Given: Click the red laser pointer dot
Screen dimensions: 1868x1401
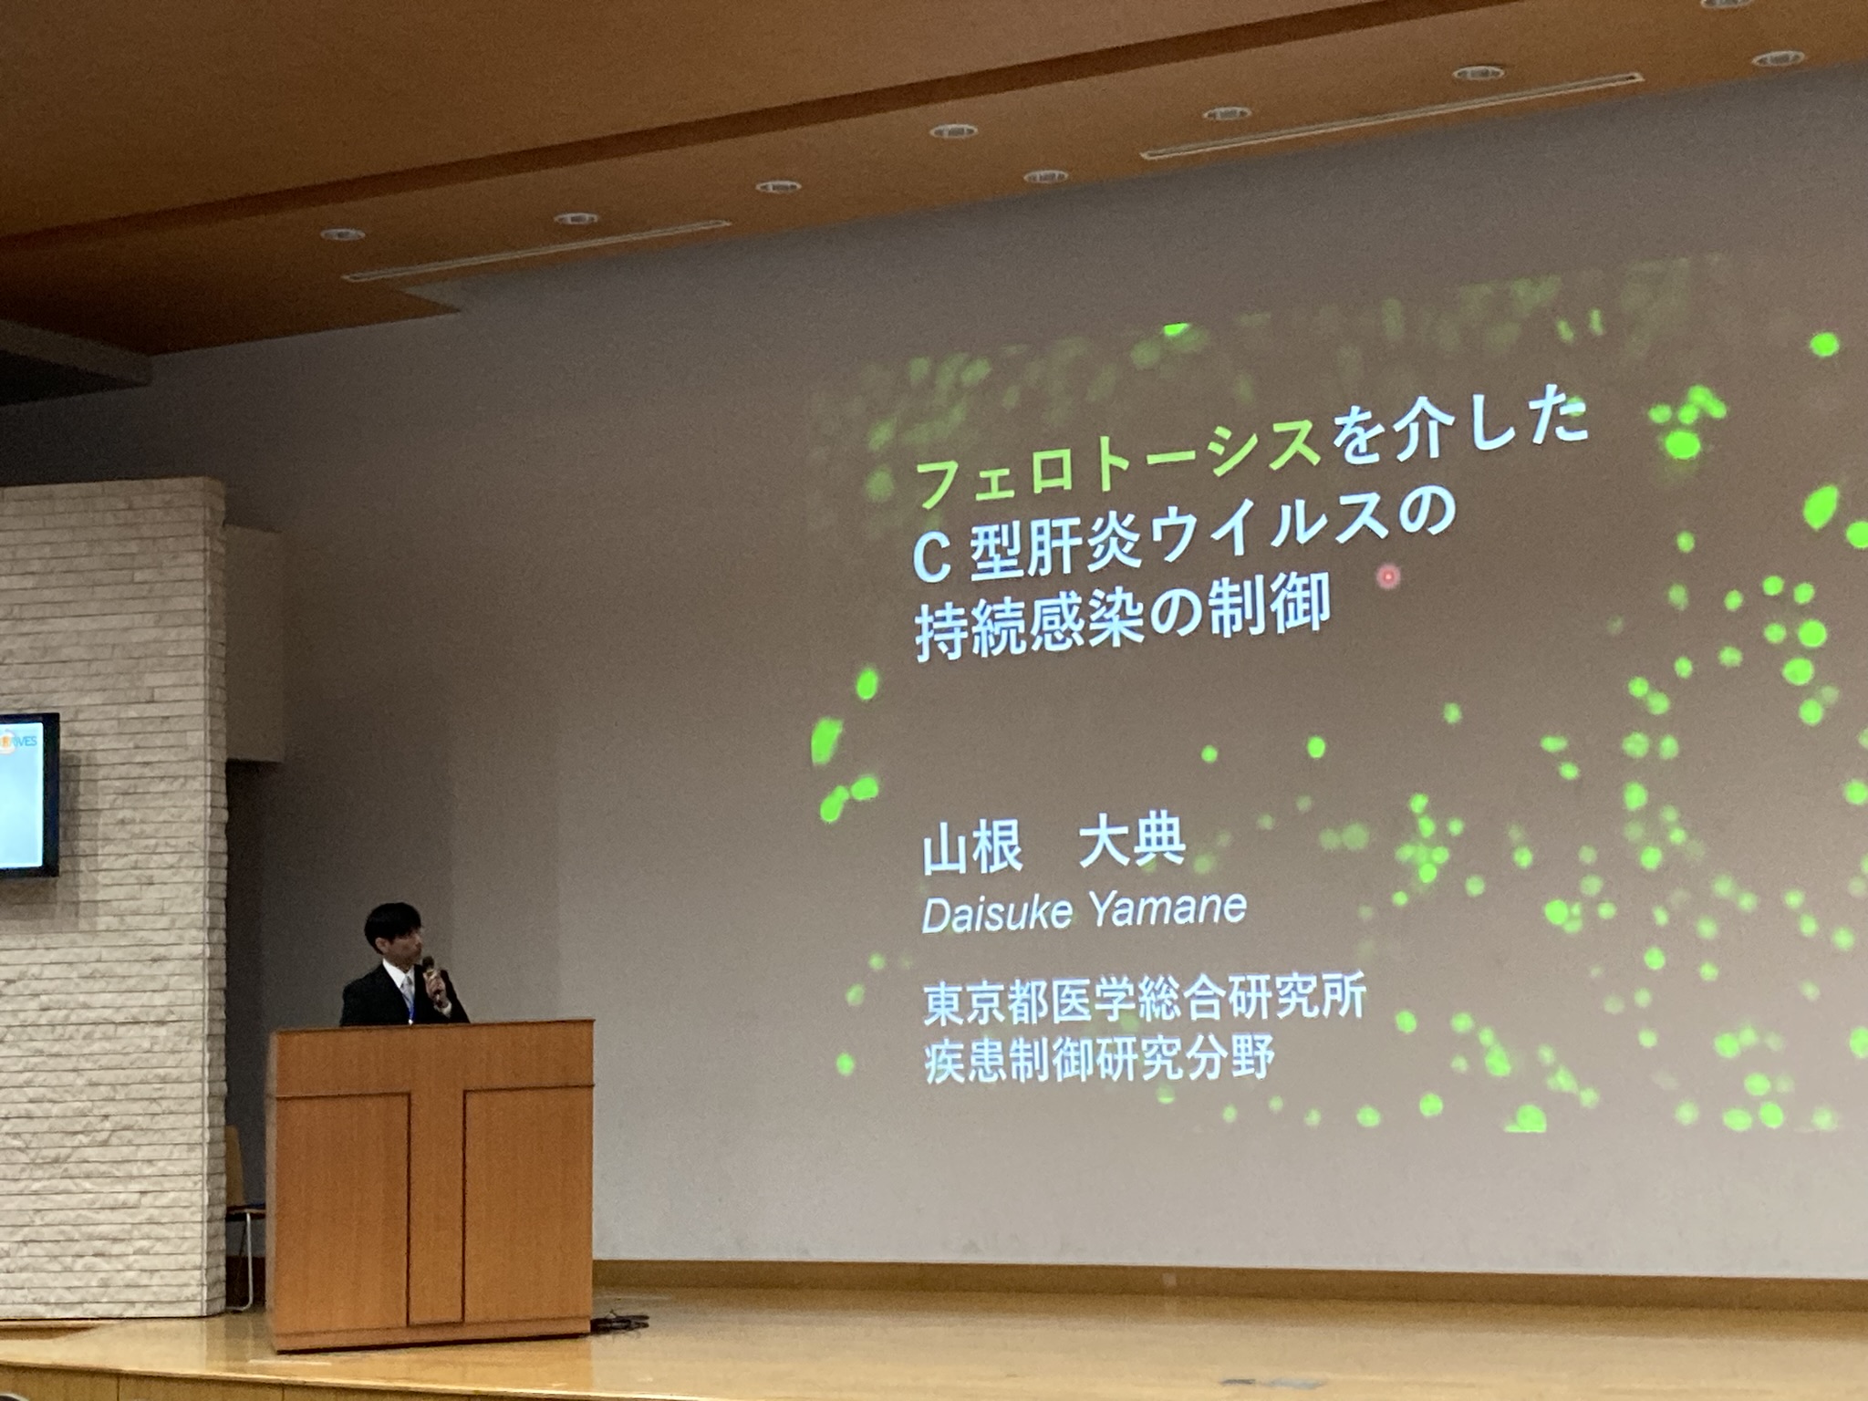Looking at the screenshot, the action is (1388, 576).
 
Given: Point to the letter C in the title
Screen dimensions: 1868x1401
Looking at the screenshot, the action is (932, 558).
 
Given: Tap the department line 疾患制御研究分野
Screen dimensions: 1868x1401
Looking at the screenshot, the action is (1099, 1061).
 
